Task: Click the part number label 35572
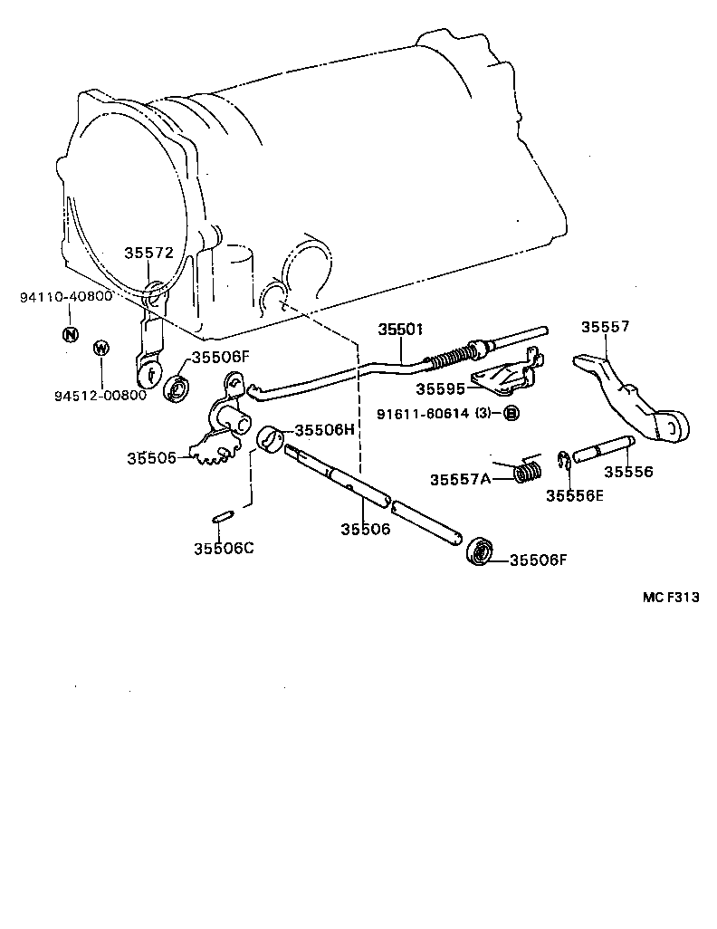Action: pos(148,254)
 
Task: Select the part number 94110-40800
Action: pos(66,297)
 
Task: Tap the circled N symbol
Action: pos(71,333)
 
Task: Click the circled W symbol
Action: pos(101,349)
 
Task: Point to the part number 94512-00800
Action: pos(100,395)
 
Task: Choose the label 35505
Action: pos(152,458)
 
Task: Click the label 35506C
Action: pos(223,547)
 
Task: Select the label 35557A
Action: pos(460,478)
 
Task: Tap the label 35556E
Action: pos(574,494)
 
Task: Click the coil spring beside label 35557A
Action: pos(529,472)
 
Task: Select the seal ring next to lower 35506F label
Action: pos(480,551)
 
